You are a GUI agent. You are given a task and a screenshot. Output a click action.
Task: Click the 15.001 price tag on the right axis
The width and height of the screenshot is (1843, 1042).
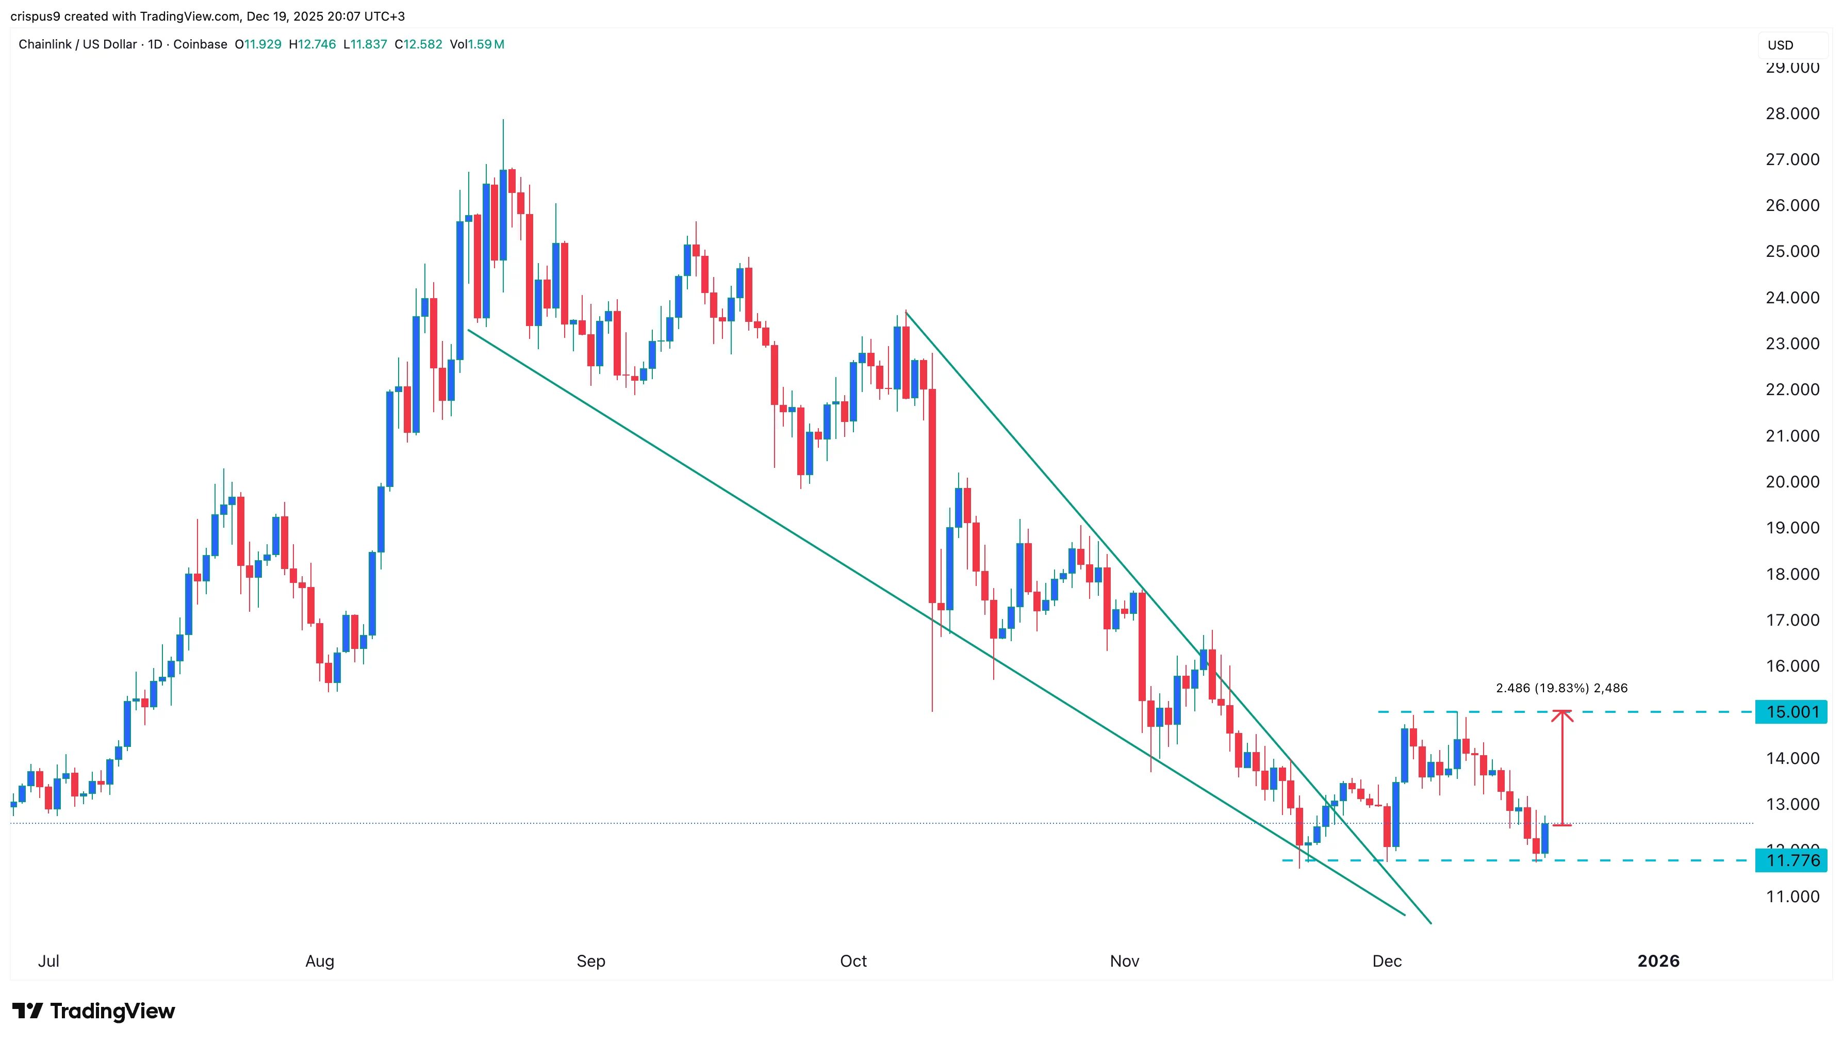(x=1791, y=712)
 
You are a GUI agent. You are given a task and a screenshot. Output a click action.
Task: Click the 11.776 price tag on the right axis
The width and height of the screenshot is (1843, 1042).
(x=1791, y=860)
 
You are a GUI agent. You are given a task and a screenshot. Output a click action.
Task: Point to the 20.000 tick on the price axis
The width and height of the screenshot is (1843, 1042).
(x=1791, y=482)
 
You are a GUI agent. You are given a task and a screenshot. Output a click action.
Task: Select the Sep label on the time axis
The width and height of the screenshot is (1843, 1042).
(x=591, y=961)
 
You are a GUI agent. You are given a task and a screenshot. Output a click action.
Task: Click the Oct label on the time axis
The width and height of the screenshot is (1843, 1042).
(x=853, y=961)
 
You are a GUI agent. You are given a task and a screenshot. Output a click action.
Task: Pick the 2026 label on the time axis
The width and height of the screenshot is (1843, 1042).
(x=1658, y=961)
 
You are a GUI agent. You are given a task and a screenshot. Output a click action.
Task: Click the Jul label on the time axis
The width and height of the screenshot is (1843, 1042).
(x=48, y=961)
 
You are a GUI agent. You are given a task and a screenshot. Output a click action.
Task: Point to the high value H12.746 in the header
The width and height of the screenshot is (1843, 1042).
(x=312, y=44)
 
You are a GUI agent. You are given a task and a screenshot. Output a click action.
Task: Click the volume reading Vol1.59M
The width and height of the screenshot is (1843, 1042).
(x=476, y=44)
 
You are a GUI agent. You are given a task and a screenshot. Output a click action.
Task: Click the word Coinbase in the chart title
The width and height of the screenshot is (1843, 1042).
(x=200, y=44)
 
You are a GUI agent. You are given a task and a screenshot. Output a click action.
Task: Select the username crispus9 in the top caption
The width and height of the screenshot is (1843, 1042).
(x=35, y=16)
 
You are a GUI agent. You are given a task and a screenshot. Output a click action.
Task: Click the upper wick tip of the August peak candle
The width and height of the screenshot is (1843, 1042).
(x=503, y=120)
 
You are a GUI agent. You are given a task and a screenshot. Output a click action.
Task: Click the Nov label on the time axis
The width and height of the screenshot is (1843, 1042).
(x=1124, y=961)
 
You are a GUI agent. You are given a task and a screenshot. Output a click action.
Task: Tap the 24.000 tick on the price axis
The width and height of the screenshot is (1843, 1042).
(x=1791, y=298)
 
